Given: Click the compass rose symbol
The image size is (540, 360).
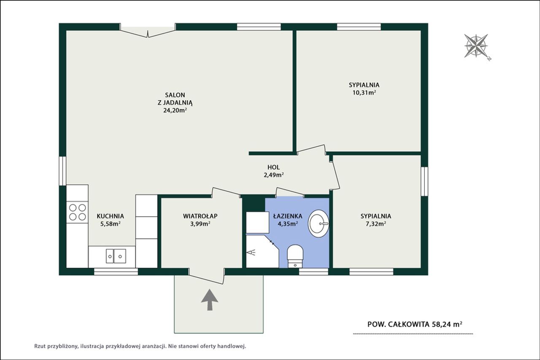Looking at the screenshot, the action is point(476,46).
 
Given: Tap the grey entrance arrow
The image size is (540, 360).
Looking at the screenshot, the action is point(210,300).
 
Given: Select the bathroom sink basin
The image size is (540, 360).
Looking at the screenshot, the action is point(319,223).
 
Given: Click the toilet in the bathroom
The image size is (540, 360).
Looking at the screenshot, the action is point(295,256).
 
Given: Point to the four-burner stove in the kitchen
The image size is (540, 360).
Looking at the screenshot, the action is point(77,212).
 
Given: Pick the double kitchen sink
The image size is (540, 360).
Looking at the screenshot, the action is point(116,256).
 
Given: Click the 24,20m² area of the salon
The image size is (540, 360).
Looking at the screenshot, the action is point(175,110).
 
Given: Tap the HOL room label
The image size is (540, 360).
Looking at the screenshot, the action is point(273,167).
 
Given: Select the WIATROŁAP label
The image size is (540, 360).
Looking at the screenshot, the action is point(200,216).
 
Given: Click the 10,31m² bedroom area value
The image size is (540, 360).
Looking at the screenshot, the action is point(364,93).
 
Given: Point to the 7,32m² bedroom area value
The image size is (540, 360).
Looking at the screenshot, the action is point(376,224).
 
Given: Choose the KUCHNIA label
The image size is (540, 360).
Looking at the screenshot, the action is point(111,216).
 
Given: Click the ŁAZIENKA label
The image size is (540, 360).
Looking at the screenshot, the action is point(288,216).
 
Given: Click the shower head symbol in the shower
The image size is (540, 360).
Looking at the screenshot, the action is point(251,253).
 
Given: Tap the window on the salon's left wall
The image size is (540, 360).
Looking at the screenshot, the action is point(63,171).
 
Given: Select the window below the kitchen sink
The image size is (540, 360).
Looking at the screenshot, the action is point(116,271).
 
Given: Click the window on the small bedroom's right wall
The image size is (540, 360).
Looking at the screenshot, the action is point(424,181).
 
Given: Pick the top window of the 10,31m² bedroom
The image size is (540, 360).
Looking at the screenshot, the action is point(359,27).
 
